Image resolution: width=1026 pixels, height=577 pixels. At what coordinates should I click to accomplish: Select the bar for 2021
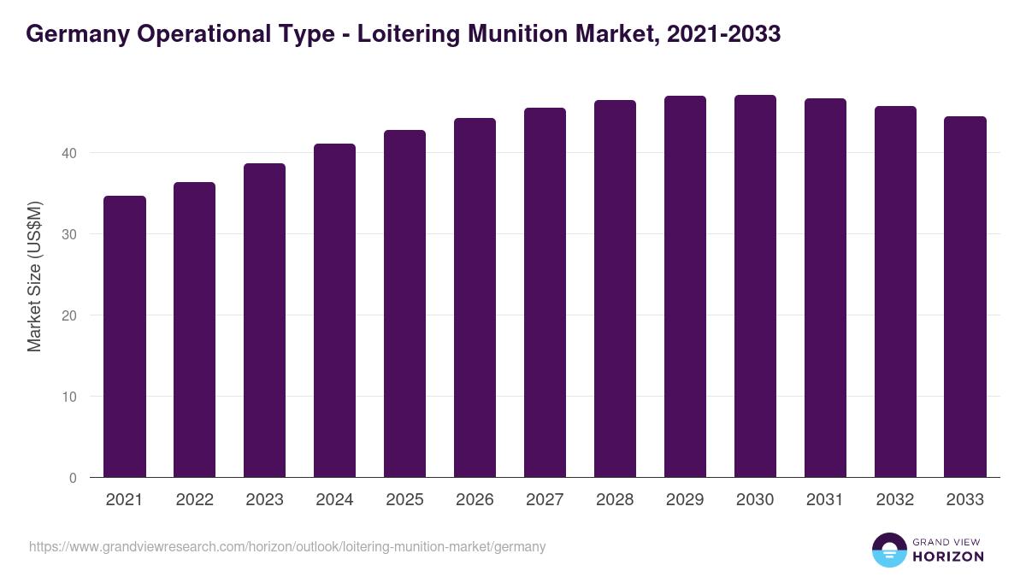click(125, 337)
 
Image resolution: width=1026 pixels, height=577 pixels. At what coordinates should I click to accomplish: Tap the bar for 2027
click(545, 292)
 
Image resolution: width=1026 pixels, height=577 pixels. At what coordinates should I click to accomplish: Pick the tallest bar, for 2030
click(755, 286)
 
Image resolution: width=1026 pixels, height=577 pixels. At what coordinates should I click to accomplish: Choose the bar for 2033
click(965, 297)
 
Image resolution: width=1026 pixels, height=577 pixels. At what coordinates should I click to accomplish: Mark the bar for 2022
click(195, 330)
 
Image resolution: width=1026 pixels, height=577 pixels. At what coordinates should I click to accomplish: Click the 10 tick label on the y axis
click(69, 397)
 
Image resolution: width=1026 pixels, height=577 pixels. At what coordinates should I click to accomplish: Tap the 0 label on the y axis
click(73, 478)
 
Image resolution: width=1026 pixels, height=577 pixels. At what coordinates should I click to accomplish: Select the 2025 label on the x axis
click(404, 500)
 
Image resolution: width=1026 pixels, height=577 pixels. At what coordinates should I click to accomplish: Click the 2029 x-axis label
click(685, 500)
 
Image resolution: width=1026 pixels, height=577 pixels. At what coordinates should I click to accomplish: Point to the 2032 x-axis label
click(895, 500)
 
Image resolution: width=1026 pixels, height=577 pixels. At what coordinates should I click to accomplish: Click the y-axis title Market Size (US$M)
click(34, 276)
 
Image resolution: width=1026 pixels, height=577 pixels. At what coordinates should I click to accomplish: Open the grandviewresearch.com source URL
click(287, 546)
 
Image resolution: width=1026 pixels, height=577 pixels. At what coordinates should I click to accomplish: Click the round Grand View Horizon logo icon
click(888, 550)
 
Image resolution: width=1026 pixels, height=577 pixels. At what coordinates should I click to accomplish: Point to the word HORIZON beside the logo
click(948, 556)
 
